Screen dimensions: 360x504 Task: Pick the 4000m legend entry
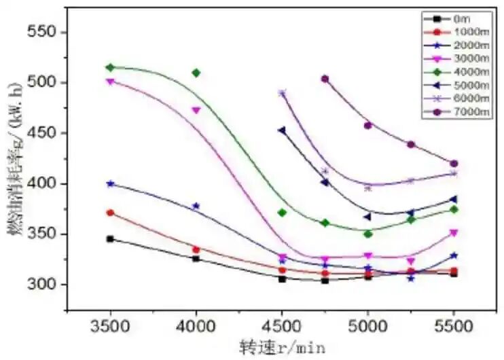(x=458, y=71)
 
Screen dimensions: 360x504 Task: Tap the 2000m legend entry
(x=458, y=45)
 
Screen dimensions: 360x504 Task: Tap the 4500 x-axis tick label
(x=282, y=325)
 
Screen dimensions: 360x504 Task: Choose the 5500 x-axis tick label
(x=454, y=325)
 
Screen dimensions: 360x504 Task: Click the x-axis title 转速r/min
(x=282, y=347)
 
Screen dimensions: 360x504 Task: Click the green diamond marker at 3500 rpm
(x=110, y=67)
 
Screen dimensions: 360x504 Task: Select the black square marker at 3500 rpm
(x=110, y=239)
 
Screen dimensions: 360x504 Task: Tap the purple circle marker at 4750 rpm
(x=325, y=79)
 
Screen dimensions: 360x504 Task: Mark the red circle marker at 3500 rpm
(x=110, y=213)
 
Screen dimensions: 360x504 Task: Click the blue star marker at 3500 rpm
(x=110, y=183)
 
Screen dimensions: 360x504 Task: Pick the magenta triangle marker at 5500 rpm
(x=454, y=233)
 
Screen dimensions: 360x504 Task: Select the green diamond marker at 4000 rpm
(x=196, y=73)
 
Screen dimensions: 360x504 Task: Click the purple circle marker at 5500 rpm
(x=454, y=164)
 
